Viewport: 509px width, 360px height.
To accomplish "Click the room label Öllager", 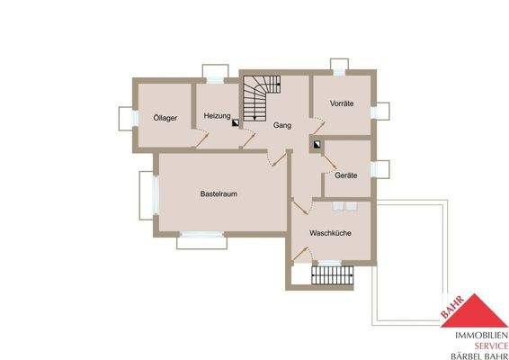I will point(165,117).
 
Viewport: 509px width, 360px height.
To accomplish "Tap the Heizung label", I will point(218,116).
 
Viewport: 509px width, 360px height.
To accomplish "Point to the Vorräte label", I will point(342,104).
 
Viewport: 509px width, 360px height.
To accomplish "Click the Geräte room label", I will point(346,175).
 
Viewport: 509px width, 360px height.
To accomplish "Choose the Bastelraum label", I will point(219,193).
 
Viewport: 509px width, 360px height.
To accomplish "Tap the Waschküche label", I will point(330,233).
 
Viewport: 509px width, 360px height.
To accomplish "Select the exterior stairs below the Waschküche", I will point(330,277).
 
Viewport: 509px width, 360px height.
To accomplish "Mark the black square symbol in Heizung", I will point(236,127).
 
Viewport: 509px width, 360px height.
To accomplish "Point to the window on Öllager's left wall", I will point(125,119).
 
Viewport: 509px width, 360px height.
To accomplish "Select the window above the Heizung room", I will point(215,72).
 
